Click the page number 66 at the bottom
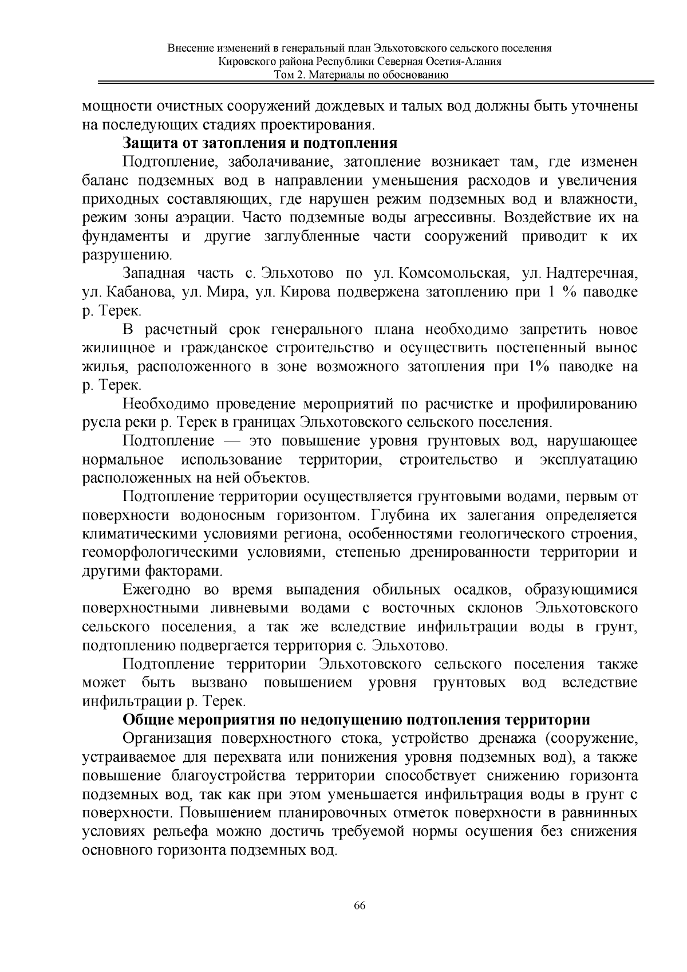[360, 906]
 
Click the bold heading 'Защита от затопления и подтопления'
[260, 143]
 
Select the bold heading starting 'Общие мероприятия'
[357, 719]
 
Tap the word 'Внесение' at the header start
[189, 49]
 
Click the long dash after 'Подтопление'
[233, 442]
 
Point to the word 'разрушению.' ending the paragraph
[126, 255]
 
